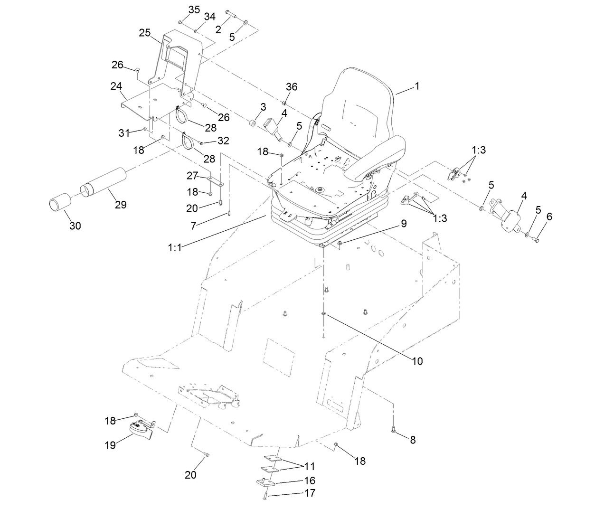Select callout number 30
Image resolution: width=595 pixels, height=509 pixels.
[75, 226]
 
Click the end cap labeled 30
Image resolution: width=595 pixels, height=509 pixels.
[59, 205]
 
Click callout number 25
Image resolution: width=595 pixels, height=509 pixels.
[144, 33]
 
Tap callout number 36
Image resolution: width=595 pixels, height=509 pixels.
[292, 86]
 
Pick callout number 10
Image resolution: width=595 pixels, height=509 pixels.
[417, 361]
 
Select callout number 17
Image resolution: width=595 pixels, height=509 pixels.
[310, 493]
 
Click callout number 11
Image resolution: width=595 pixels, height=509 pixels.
[310, 466]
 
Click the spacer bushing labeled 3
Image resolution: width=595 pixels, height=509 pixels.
[253, 124]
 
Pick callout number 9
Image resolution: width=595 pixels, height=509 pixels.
[403, 223]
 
